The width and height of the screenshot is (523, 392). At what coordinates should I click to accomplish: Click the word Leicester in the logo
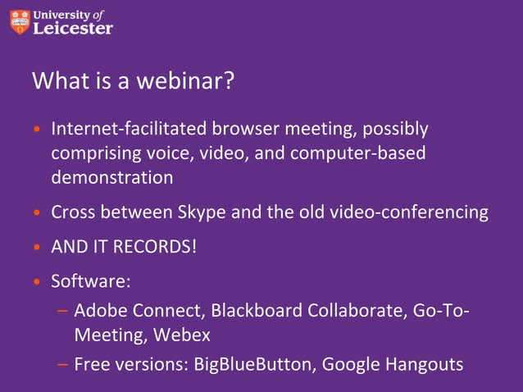[73, 28]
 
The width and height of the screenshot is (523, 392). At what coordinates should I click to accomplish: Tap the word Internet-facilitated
[130, 130]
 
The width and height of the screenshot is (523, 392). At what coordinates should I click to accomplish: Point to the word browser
[243, 130]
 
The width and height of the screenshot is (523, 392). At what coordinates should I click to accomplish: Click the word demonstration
[112, 177]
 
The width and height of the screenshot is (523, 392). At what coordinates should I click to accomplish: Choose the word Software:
[91, 281]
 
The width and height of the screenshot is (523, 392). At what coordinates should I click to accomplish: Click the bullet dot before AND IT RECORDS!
[36, 248]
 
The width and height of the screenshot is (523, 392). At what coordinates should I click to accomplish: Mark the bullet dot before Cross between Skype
[36, 213]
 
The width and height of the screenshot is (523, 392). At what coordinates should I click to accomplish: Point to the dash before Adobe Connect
[62, 312]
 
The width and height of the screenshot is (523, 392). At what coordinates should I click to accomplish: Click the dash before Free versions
[62, 365]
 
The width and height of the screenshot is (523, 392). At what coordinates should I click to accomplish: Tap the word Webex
[185, 335]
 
